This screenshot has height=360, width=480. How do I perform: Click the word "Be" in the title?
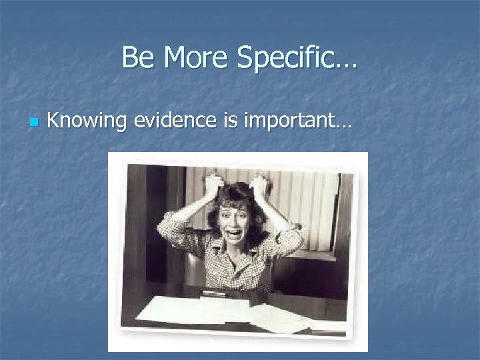pyautogui.click(x=135, y=58)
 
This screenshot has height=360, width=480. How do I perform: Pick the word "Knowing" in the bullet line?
pyautogui.click(x=87, y=122)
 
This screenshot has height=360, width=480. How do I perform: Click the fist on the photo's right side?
pyautogui.click(x=259, y=185)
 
